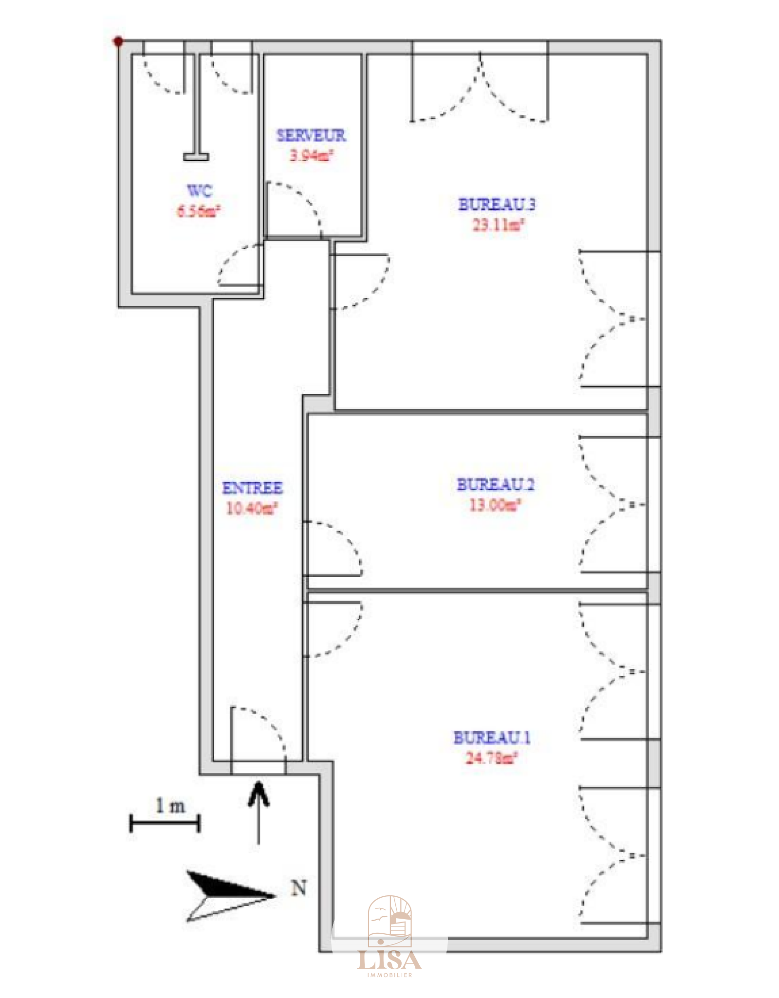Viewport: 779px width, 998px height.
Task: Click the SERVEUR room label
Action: coord(311,135)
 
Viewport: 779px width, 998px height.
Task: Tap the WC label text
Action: coord(200,190)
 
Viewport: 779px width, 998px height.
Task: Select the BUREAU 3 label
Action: coord(497,204)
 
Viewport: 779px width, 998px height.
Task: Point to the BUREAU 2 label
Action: coord(495,484)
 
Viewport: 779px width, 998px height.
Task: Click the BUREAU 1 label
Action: coord(492,738)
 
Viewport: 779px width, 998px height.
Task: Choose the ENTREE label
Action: coord(252,488)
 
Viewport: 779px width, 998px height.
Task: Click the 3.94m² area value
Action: coord(312,156)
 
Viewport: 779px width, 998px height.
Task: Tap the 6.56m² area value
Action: coord(198,211)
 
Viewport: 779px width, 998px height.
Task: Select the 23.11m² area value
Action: coord(498,225)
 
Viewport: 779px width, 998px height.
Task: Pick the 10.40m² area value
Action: coord(252,509)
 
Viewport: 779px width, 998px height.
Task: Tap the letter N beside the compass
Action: coord(299,888)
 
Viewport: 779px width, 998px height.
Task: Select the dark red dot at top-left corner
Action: coord(118,42)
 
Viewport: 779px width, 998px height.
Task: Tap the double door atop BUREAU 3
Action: coord(480,85)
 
